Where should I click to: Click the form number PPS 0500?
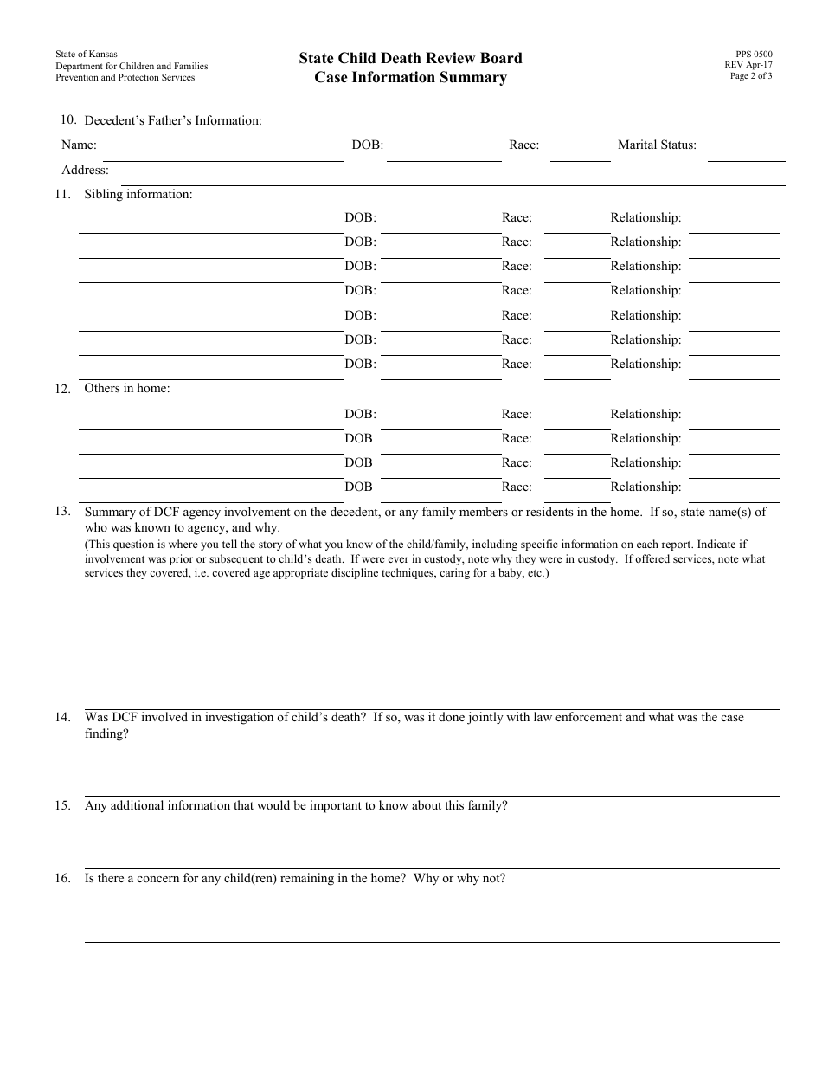[748, 54]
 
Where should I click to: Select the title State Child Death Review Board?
[410, 58]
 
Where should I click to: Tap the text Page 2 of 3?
[751, 76]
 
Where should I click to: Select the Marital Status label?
[657, 145]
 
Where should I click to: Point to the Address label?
[85, 170]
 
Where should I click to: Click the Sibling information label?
[138, 194]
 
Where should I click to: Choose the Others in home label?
[126, 388]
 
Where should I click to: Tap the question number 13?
[62, 511]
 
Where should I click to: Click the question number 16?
[62, 878]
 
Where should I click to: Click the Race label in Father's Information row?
[523, 145]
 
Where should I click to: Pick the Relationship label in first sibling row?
[645, 218]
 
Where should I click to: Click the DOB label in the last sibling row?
[360, 364]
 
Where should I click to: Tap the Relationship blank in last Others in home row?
[734, 495]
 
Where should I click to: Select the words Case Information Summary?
[410, 78]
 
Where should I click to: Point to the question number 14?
[62, 717]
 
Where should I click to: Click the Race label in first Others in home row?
[517, 414]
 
